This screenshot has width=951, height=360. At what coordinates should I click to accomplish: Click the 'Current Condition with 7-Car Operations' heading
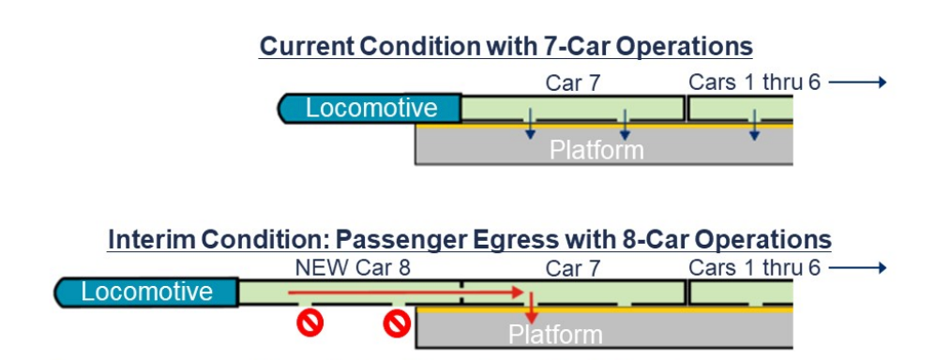pyautogui.click(x=506, y=47)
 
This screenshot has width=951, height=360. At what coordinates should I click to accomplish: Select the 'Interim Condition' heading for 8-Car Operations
pyautogui.click(x=469, y=239)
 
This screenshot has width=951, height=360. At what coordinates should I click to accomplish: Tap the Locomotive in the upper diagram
pyautogui.click(x=370, y=109)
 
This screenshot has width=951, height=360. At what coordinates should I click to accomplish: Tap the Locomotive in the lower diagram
pyautogui.click(x=146, y=292)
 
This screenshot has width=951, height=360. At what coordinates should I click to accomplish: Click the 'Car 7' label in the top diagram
pyautogui.click(x=572, y=83)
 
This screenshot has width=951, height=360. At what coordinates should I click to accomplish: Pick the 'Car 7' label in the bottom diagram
pyautogui.click(x=573, y=269)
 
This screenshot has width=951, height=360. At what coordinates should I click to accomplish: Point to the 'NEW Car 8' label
pyautogui.click(x=353, y=269)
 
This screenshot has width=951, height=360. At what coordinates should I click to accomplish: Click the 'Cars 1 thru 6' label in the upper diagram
pyautogui.click(x=754, y=82)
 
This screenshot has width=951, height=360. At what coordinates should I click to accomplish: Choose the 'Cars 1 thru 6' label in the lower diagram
pyautogui.click(x=754, y=268)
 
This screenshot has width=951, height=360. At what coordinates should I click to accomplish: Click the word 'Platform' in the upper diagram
pyautogui.click(x=596, y=149)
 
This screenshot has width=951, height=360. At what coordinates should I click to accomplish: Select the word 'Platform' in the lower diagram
pyautogui.click(x=555, y=334)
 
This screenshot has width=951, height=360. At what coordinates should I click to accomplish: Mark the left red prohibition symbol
pyautogui.click(x=309, y=324)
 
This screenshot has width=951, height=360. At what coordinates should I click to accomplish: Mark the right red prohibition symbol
pyautogui.click(x=398, y=324)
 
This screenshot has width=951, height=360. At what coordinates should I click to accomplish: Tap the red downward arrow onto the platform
pyautogui.click(x=531, y=309)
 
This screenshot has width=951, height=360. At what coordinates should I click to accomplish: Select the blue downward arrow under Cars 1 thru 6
pyautogui.click(x=753, y=127)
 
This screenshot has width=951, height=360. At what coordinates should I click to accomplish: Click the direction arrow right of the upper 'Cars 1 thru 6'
pyautogui.click(x=857, y=82)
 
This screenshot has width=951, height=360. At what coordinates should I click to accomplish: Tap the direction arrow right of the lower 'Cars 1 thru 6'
pyautogui.click(x=857, y=268)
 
